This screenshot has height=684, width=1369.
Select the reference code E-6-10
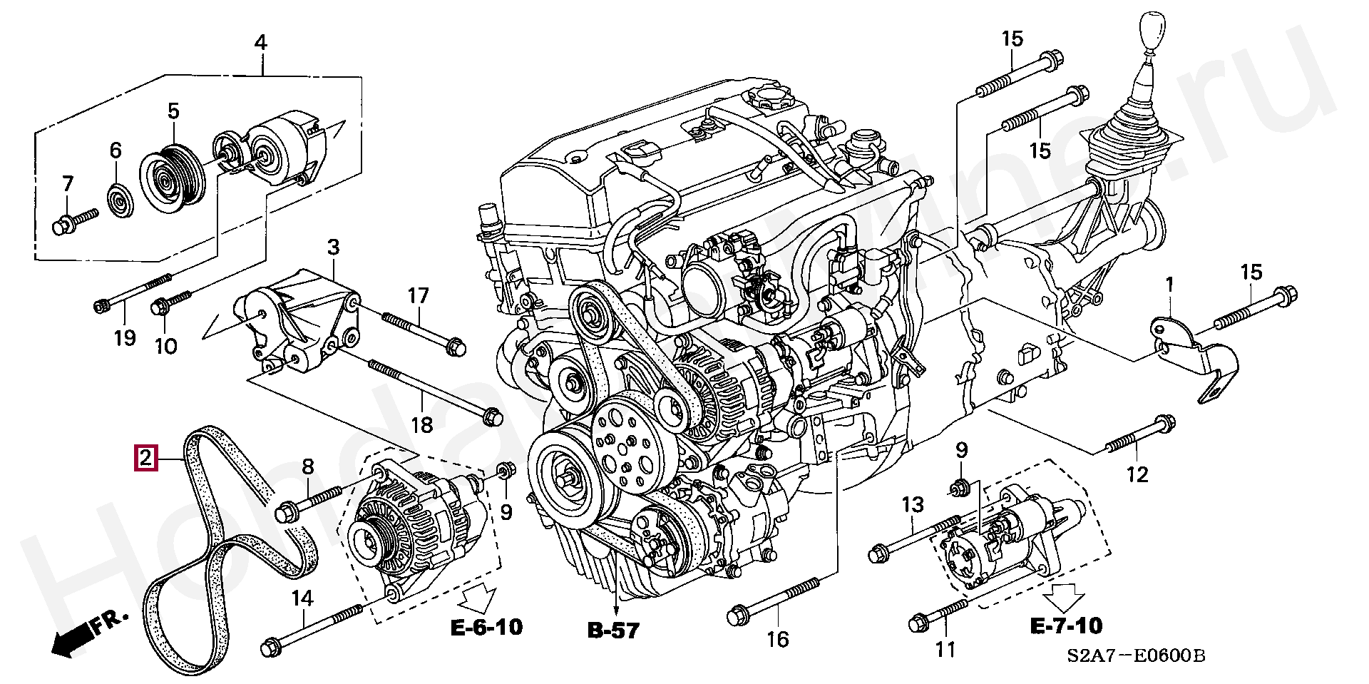487,627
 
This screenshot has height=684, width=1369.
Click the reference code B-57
613,630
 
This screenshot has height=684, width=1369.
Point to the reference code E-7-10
1065,626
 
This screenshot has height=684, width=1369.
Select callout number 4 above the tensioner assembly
261,43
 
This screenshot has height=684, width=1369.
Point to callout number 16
779,638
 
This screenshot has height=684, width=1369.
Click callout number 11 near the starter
944,650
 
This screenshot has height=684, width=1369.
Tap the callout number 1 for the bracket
1169,285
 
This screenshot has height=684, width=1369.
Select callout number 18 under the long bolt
422,425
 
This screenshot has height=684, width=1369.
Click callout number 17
419,295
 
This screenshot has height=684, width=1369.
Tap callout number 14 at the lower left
302,598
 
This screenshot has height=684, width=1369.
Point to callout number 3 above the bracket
333,248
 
